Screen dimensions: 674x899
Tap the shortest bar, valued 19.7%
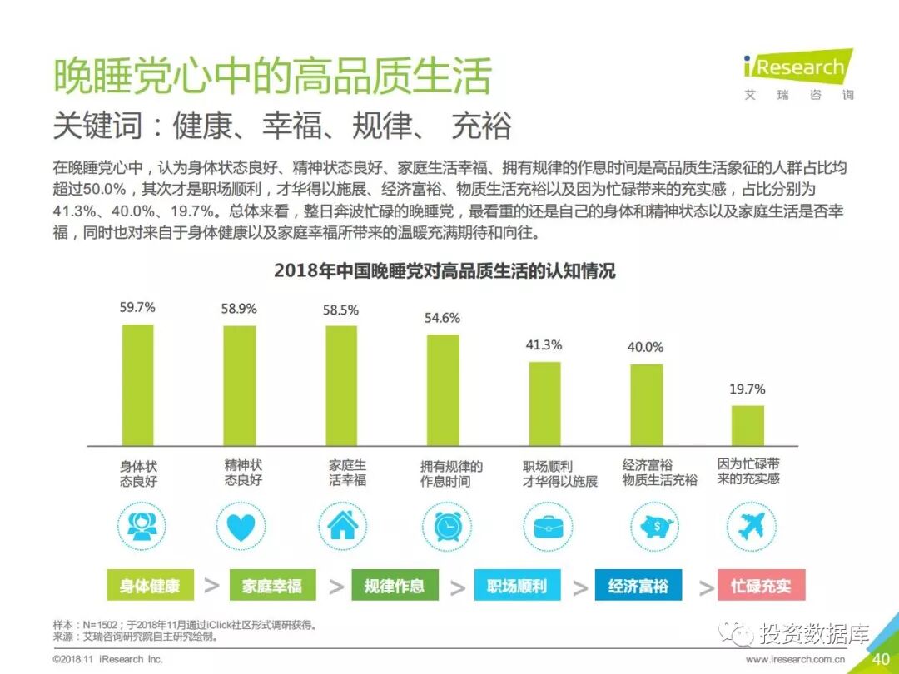click(x=748, y=426)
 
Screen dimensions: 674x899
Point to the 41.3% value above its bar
click(x=544, y=344)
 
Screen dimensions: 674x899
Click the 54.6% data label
click(x=442, y=318)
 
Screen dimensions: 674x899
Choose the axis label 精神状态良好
click(x=243, y=473)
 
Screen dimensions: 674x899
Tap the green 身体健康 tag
click(x=150, y=586)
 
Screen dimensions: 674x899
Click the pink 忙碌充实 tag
click(x=761, y=586)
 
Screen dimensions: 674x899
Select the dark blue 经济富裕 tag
click(x=638, y=586)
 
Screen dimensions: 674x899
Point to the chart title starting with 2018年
click(x=445, y=271)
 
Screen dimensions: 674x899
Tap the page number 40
click(x=881, y=659)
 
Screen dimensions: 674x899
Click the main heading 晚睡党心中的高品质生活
click(x=272, y=77)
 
